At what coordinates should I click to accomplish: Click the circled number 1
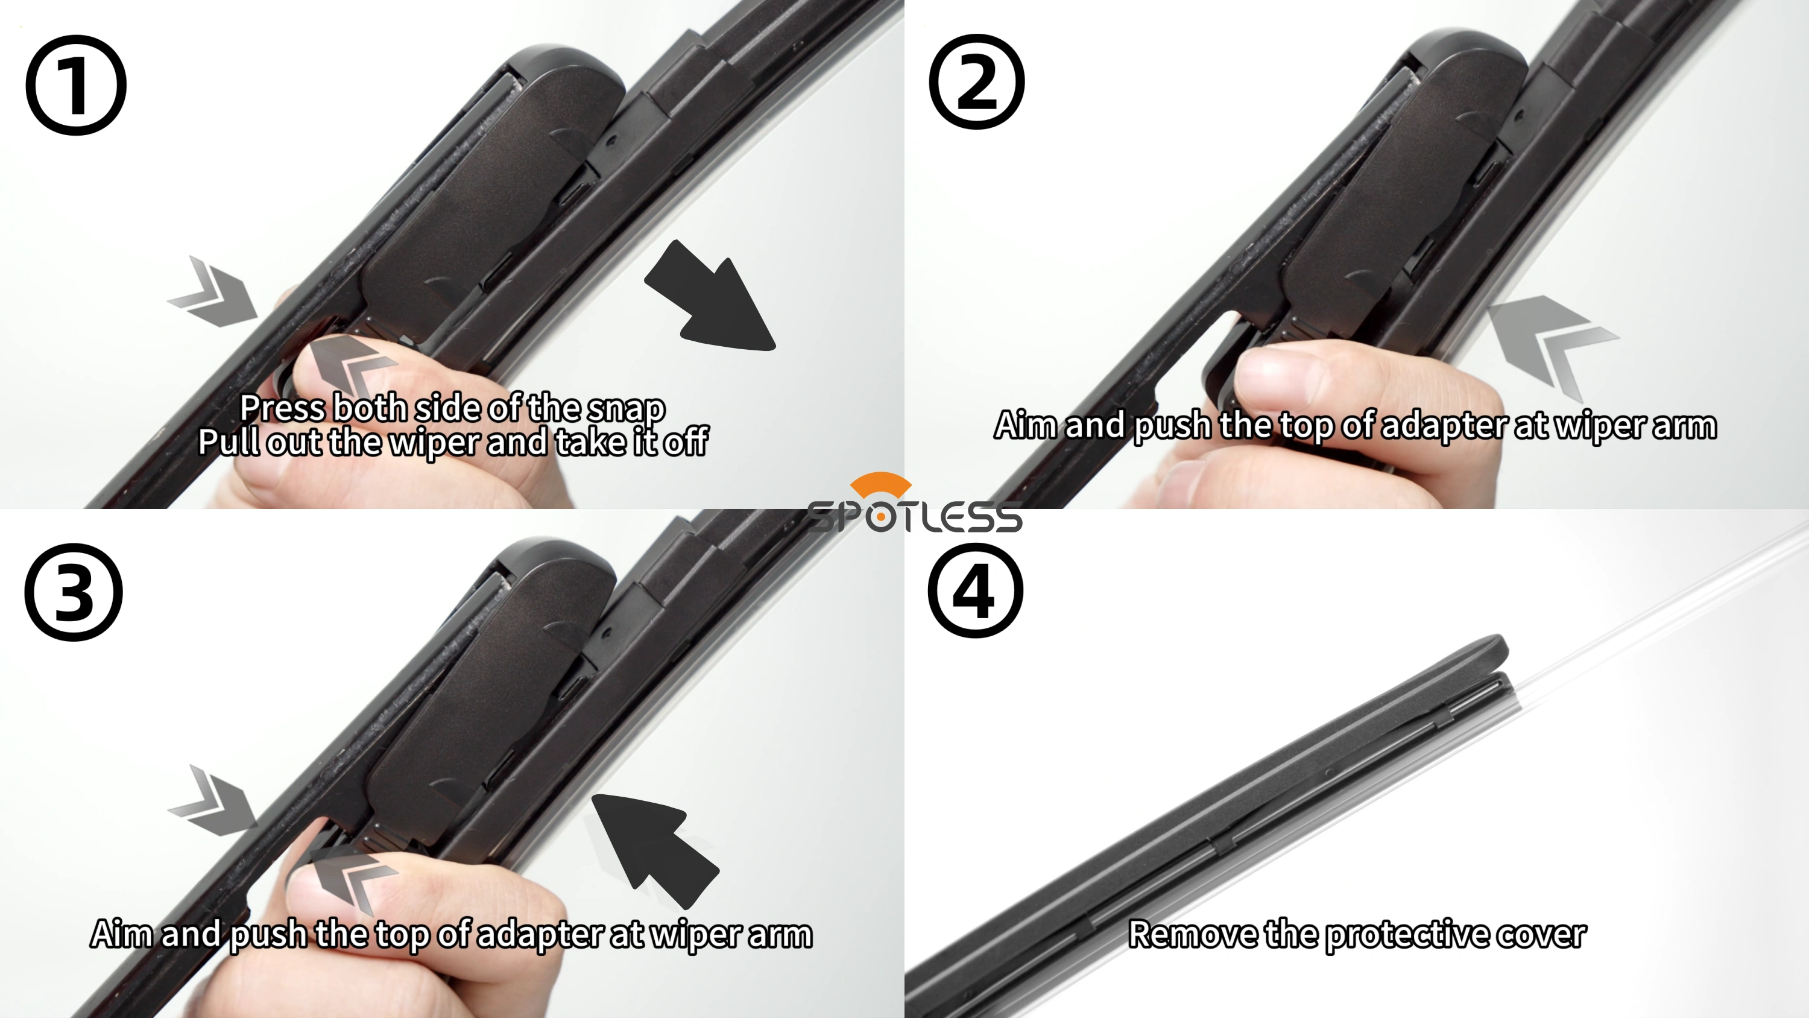76,85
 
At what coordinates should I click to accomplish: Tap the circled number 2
976,81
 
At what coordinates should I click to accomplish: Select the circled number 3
74,592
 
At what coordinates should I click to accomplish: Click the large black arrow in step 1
709,299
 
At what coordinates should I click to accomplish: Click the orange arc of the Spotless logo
880,485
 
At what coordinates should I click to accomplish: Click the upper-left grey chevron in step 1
213,291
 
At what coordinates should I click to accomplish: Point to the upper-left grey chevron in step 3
213,801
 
